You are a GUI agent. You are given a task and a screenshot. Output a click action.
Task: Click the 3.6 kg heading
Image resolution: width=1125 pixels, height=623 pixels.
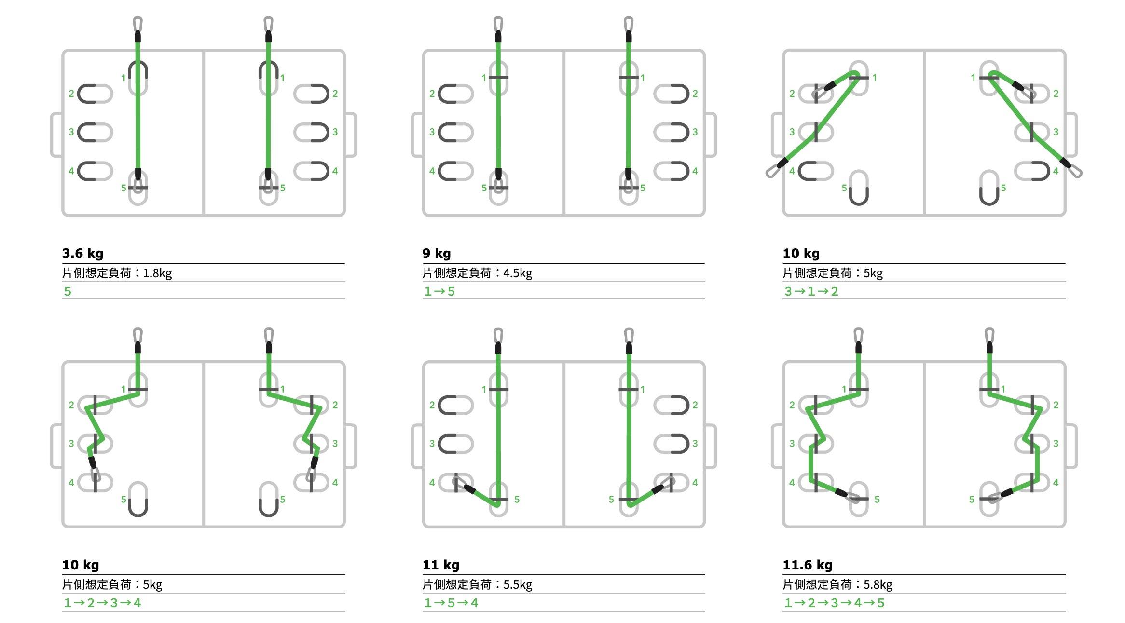(x=82, y=253)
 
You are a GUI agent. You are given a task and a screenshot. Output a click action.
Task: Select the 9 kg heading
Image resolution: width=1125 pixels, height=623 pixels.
(x=437, y=253)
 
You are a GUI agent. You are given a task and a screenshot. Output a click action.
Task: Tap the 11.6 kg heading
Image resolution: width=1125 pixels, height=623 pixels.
(x=808, y=565)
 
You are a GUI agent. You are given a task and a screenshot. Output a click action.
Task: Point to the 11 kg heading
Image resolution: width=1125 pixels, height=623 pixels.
(x=441, y=565)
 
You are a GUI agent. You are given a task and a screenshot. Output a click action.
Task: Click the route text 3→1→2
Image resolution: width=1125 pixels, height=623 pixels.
(x=811, y=291)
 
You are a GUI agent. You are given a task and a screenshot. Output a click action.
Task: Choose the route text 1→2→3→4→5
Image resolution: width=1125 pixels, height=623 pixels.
(x=834, y=603)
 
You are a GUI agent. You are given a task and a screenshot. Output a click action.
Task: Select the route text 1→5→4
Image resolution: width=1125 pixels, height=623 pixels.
(x=451, y=603)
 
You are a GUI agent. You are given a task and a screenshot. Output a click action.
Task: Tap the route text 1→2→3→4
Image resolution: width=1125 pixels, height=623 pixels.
(x=102, y=603)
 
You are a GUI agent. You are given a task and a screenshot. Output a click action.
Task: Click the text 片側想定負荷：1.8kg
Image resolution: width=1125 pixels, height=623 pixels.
(x=117, y=273)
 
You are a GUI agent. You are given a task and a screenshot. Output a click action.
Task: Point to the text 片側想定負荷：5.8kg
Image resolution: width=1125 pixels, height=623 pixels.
(x=837, y=584)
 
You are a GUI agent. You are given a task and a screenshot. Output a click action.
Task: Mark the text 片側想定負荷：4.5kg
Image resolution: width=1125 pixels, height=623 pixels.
(x=477, y=273)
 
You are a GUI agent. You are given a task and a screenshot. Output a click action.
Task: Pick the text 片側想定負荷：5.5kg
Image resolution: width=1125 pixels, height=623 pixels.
(x=477, y=584)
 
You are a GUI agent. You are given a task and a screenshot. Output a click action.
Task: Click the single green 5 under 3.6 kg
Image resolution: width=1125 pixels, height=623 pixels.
(x=68, y=291)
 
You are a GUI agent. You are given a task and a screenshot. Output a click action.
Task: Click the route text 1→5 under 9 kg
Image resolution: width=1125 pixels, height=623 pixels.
(x=439, y=291)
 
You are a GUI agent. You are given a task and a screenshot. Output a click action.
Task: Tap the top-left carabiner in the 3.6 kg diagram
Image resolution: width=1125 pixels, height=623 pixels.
(x=137, y=24)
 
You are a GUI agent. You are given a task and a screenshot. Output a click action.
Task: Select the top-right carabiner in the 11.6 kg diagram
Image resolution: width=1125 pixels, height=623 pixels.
(x=989, y=336)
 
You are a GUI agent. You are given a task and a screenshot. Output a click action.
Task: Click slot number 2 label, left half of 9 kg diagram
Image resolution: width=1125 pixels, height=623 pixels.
(x=432, y=94)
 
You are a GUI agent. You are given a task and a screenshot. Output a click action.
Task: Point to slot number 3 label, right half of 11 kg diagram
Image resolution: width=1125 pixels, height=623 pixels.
(x=695, y=443)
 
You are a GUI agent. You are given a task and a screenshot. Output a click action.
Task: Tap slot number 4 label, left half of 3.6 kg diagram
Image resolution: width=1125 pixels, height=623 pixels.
(x=71, y=171)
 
